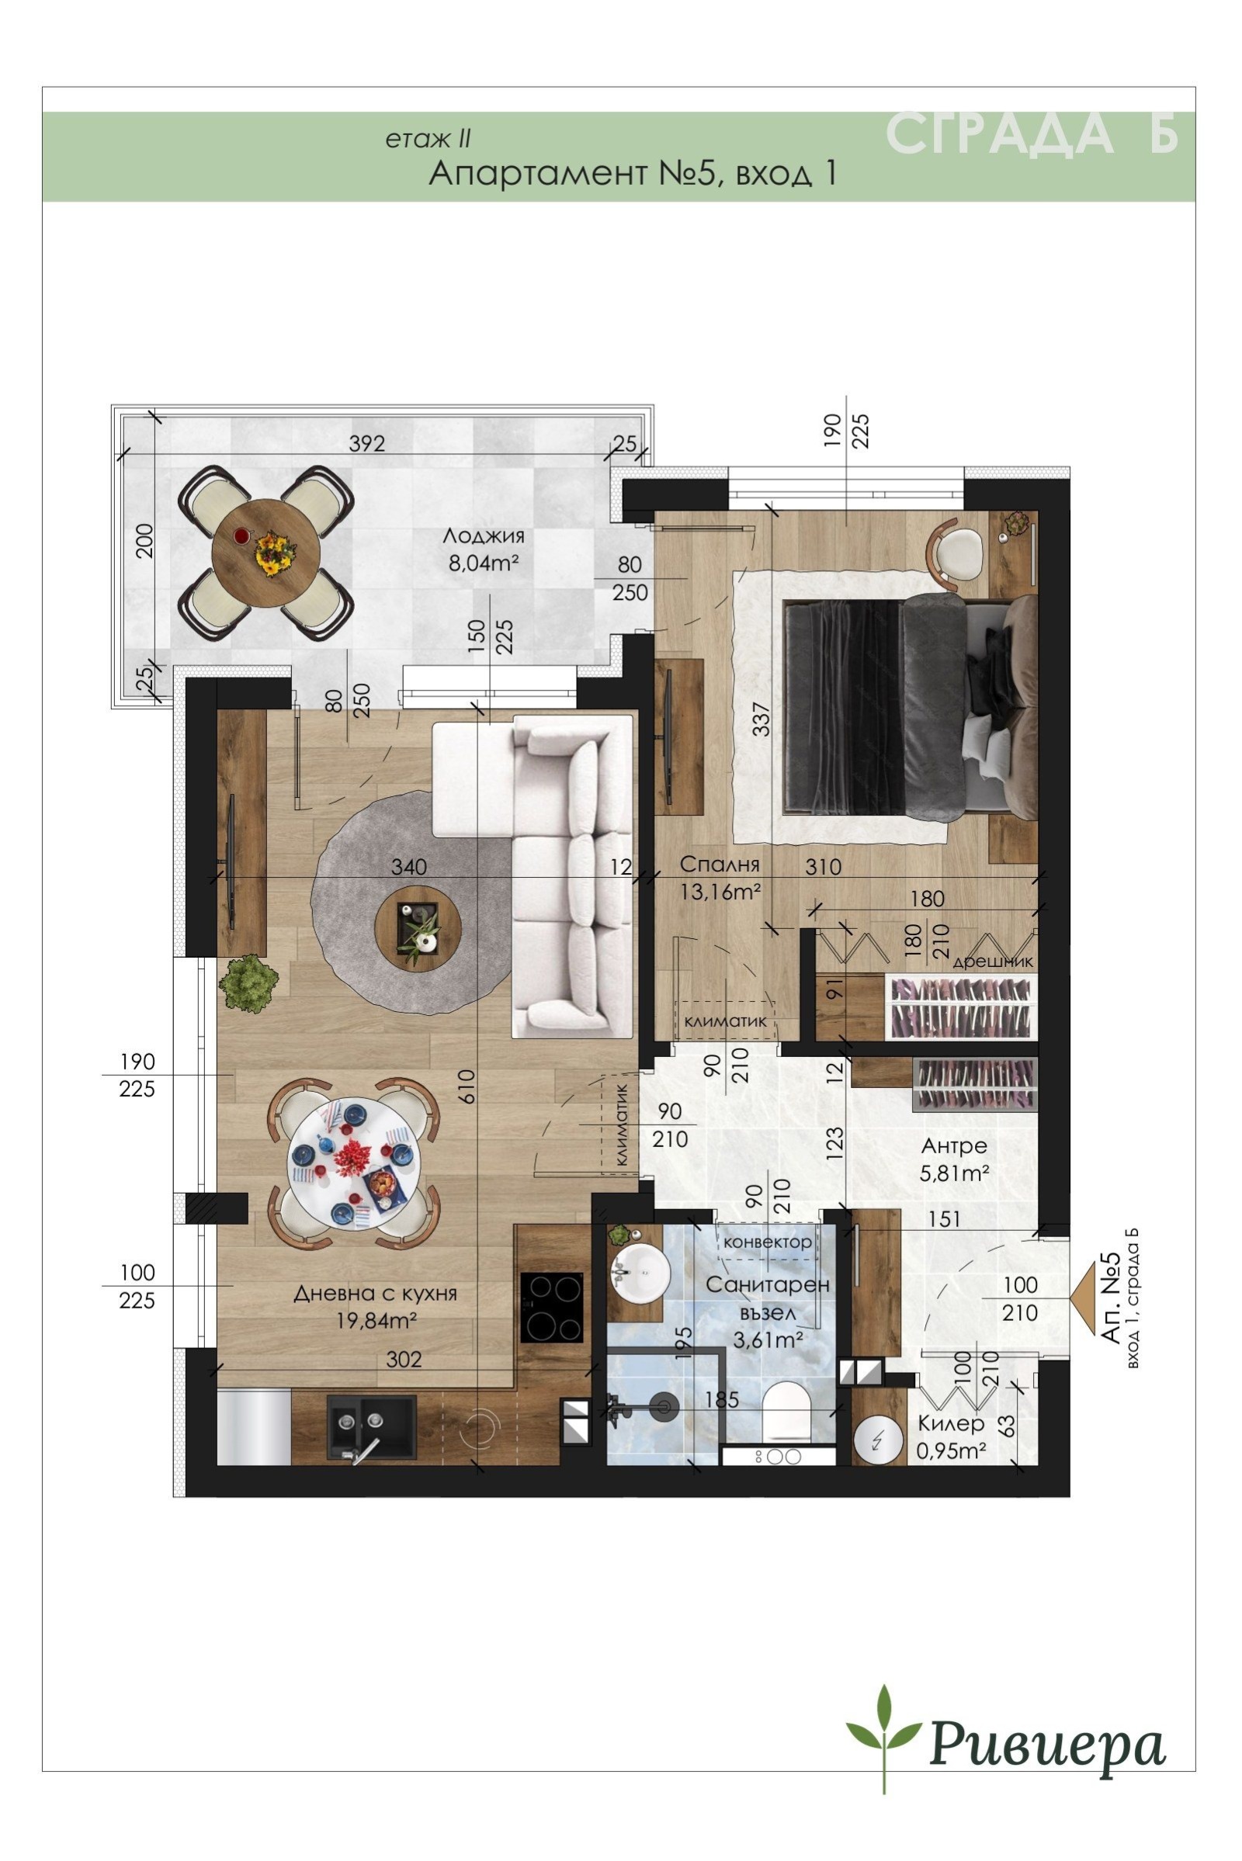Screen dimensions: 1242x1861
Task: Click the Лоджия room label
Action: pyautogui.click(x=483, y=536)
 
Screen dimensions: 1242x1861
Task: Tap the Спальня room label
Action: pyautogui.click(x=720, y=864)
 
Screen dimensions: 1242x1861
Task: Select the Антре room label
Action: pyautogui.click(x=954, y=1146)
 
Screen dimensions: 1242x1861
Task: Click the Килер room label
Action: pyautogui.click(x=950, y=1423)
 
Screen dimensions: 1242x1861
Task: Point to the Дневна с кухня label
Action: pyautogui.click(x=376, y=1294)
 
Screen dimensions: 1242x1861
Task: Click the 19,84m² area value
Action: pyautogui.click(x=376, y=1320)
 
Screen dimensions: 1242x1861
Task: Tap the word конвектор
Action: pyautogui.click(x=768, y=1242)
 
